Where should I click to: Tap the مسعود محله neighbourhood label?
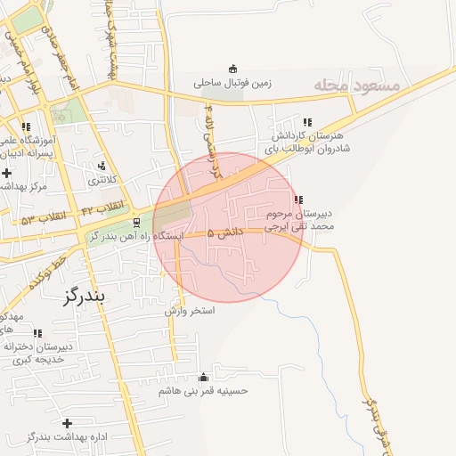coord(360,85)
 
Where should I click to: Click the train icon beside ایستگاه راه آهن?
coord(136,223)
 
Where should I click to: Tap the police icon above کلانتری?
coord(102,166)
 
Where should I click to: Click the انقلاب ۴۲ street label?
coord(102,208)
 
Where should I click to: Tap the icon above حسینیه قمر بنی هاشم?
coord(204,378)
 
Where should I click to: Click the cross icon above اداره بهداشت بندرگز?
coord(67,422)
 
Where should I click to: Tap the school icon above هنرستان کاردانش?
coord(307,122)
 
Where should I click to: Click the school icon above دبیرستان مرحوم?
coord(297,199)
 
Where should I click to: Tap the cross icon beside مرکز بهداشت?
coord(7,172)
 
